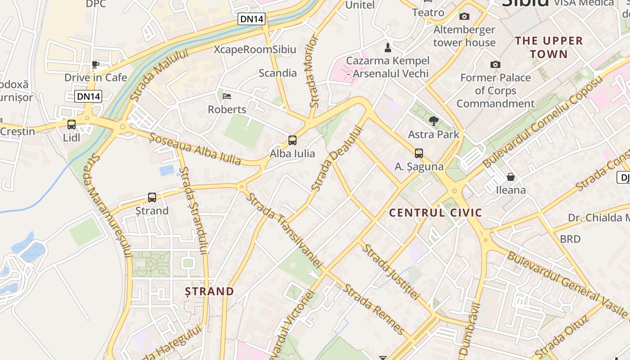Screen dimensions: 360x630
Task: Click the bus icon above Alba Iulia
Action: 292,140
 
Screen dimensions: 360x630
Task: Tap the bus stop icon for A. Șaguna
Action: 419,153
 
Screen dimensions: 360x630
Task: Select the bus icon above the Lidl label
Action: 72,125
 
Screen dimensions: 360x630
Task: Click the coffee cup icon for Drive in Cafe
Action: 95,64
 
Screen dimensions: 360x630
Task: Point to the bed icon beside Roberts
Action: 227,96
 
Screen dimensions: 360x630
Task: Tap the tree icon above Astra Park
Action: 434,121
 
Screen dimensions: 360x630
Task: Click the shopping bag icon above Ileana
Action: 511,176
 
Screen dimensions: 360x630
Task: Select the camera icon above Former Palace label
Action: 495,65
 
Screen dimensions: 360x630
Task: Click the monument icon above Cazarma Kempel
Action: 388,47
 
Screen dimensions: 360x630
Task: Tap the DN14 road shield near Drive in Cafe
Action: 89,96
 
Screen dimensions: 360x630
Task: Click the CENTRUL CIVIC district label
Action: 436,213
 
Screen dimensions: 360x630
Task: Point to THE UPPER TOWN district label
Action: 549,47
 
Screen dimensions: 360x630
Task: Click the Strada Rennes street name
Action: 374,309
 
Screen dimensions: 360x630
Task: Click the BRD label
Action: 570,239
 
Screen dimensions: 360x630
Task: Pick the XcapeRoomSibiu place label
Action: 255,49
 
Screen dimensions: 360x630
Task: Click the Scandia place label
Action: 278,73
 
